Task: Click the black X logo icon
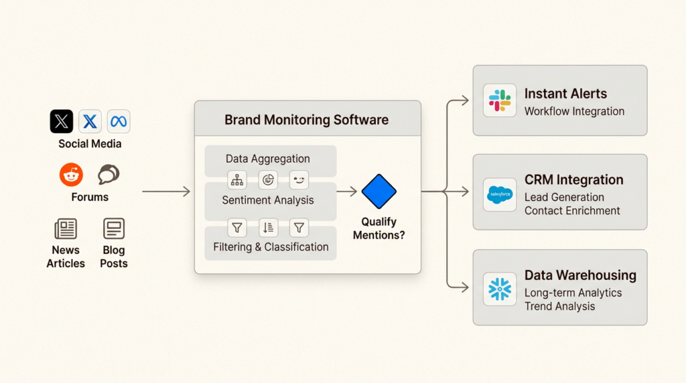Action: point(62,121)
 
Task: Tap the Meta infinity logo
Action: point(119,121)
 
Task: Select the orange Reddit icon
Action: point(71,175)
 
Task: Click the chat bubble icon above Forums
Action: point(109,175)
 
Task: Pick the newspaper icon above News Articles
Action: point(66,229)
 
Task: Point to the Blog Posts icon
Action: point(114,229)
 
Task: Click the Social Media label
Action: point(90,143)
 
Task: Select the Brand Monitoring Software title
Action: point(306,120)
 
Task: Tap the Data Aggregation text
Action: point(267,159)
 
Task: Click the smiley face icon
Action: point(299,179)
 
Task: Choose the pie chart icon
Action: point(268,179)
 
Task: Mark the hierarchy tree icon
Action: point(237,179)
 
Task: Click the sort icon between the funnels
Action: point(268,228)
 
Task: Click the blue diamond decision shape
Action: point(379,191)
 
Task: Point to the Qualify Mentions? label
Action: point(379,228)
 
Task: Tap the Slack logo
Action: point(500,100)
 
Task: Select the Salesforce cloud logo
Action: point(500,195)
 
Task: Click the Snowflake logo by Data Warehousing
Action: point(500,289)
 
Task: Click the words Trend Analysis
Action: point(559,306)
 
